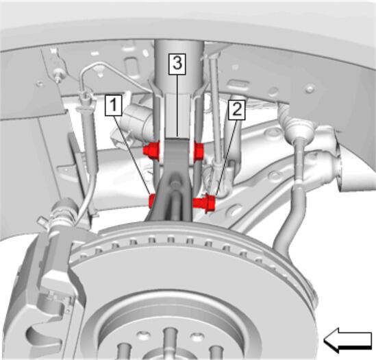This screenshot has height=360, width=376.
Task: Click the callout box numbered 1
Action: click(x=114, y=105)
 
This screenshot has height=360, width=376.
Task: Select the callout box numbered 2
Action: click(x=237, y=110)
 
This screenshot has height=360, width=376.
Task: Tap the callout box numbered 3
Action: click(x=177, y=64)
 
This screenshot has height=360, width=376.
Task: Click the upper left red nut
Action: click(x=151, y=150)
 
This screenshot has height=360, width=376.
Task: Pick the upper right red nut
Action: click(x=199, y=151)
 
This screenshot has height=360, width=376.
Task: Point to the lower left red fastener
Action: click(x=152, y=201)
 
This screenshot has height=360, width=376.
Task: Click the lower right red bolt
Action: click(x=204, y=203)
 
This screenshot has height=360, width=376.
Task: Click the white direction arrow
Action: click(x=348, y=340)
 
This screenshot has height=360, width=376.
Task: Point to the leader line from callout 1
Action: click(x=132, y=155)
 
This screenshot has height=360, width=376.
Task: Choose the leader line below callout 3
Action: click(x=177, y=106)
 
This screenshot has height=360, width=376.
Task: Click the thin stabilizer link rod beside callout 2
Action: click(x=214, y=108)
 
